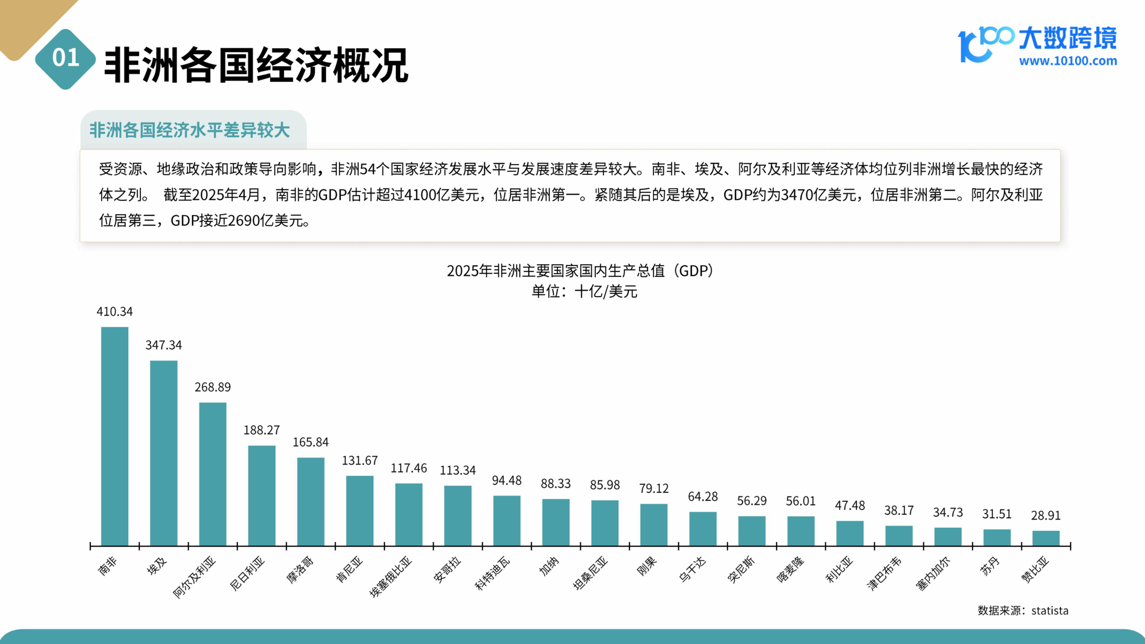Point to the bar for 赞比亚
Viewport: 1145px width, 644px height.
coord(1046,538)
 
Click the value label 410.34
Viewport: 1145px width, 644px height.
coord(115,312)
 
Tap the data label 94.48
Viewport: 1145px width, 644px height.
coord(507,481)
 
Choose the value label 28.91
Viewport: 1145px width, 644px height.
coord(1046,515)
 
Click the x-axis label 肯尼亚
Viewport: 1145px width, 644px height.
coord(349,569)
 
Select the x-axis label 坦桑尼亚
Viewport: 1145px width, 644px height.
coord(590,573)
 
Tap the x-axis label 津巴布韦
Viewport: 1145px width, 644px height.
coord(884,573)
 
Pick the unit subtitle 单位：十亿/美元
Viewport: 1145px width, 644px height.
coord(585,292)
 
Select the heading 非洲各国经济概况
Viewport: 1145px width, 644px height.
coord(256,65)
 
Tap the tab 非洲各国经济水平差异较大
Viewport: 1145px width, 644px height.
coord(190,130)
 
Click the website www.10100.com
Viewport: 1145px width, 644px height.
coord(1068,61)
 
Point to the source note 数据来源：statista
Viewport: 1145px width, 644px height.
coord(1023,611)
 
